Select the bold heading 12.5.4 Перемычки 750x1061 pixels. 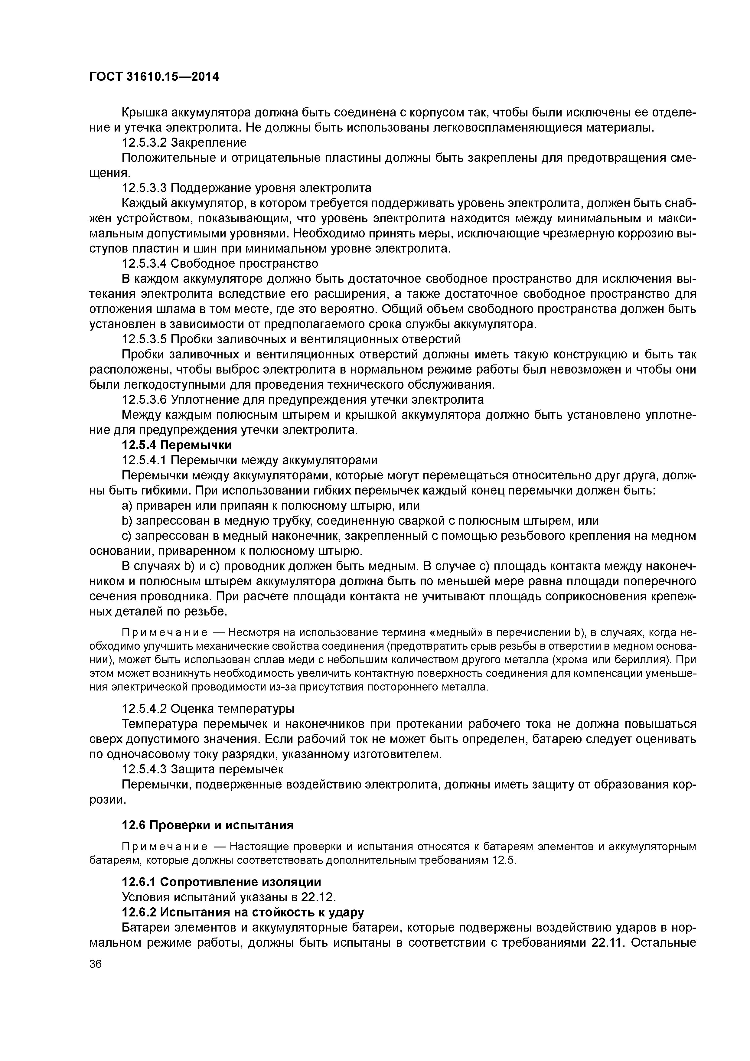pyautogui.click(x=177, y=445)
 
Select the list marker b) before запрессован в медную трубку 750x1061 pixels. pyautogui.click(x=127, y=521)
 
